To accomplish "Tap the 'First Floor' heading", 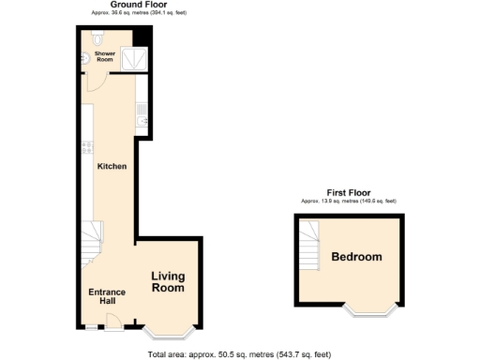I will (x=348, y=192).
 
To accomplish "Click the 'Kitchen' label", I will (x=112, y=167).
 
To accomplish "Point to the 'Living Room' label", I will (x=169, y=282).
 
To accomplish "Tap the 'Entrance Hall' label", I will (x=107, y=298).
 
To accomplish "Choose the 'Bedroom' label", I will (x=356, y=257).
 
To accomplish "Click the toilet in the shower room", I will (x=98, y=39).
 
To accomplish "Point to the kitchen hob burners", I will (x=84, y=147).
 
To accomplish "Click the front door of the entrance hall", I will (x=112, y=322).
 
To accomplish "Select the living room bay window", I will (x=169, y=330).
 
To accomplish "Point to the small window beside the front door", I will (x=92, y=327).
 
